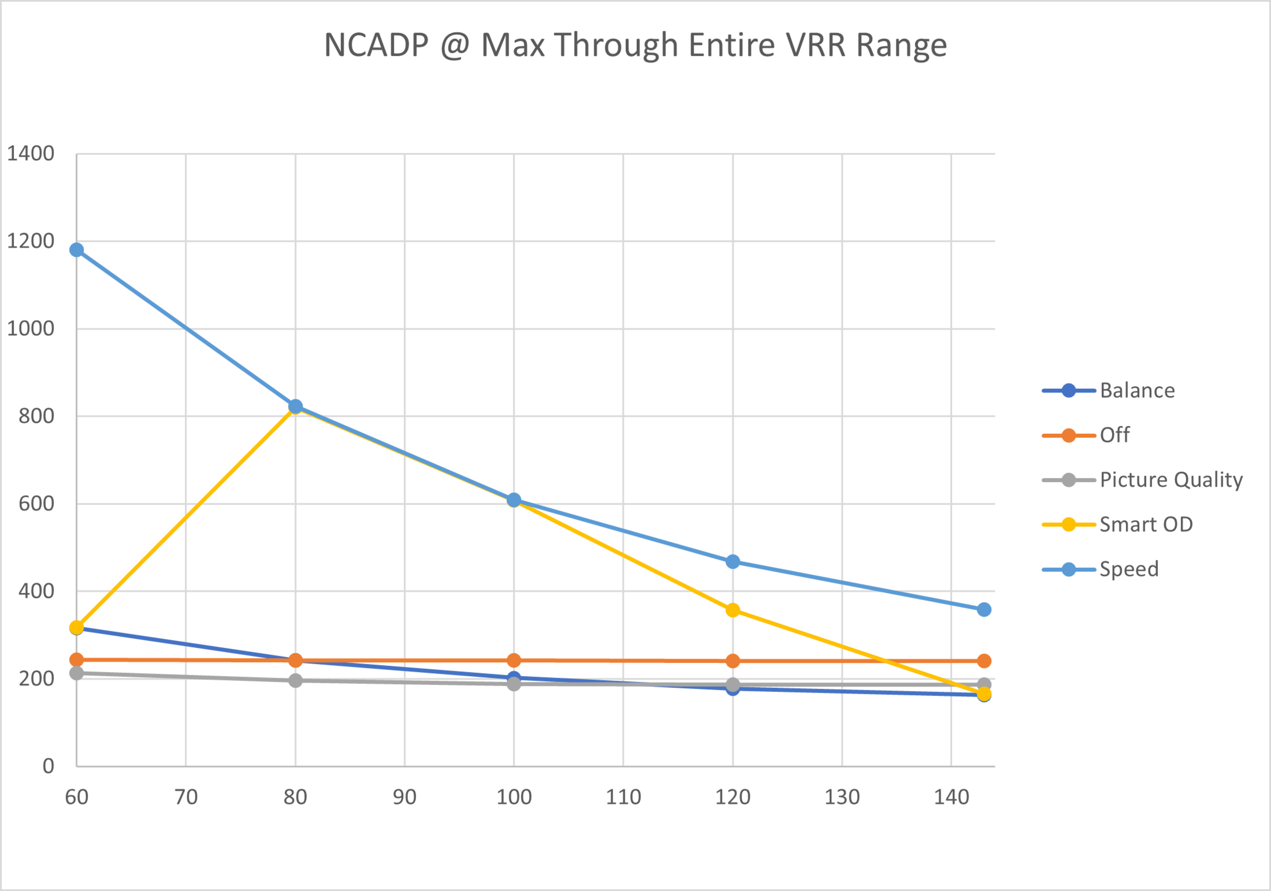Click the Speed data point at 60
[x=76, y=250]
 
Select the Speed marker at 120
[x=732, y=562]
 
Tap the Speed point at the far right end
[x=984, y=610]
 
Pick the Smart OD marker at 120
[x=732, y=610]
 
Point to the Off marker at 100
[x=514, y=660]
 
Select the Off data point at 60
[x=76, y=660]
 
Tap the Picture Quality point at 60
[x=76, y=673]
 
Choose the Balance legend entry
[x=1137, y=391]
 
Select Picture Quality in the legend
[x=1171, y=480]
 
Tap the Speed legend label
[x=1129, y=569]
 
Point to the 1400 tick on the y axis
[x=30, y=154]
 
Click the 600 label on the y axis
[x=36, y=504]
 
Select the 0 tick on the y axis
[x=48, y=767]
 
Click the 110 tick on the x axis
[x=623, y=797]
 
